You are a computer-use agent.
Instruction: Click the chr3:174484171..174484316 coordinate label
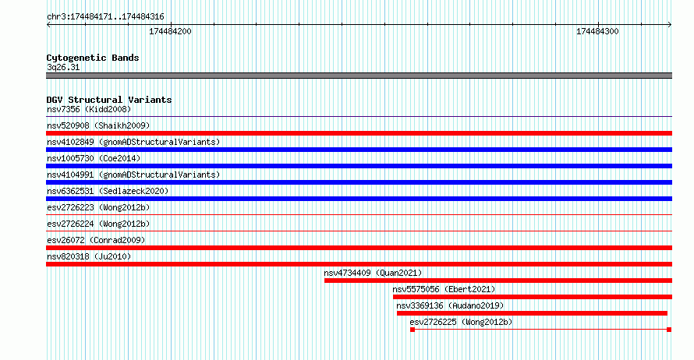[105, 17]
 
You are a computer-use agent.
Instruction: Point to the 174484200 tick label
[170, 31]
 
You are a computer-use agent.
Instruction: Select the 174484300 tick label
[597, 31]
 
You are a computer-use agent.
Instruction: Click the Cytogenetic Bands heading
[93, 58]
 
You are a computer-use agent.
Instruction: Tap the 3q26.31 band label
[63, 67]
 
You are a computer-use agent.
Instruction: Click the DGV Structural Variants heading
[109, 100]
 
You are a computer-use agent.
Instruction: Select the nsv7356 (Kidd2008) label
[89, 109]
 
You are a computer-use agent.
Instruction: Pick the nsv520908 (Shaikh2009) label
[98, 125]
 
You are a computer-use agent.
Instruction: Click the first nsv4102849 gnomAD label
[133, 142]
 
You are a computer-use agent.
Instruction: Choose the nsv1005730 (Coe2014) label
[94, 158]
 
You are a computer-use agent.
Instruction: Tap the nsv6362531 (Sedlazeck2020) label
[108, 191]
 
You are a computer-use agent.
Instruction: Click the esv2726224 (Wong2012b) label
[98, 224]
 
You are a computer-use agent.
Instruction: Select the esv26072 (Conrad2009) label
[96, 240]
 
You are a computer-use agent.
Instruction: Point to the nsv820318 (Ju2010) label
[89, 256]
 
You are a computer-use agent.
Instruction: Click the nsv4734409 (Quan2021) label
[373, 273]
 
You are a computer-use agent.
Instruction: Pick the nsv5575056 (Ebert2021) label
[444, 289]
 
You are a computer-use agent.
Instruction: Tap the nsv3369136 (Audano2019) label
[450, 305]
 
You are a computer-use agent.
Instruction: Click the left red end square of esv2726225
[413, 330]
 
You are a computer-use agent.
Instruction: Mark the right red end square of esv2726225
[669, 330]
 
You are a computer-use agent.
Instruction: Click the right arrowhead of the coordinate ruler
[670, 25]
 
